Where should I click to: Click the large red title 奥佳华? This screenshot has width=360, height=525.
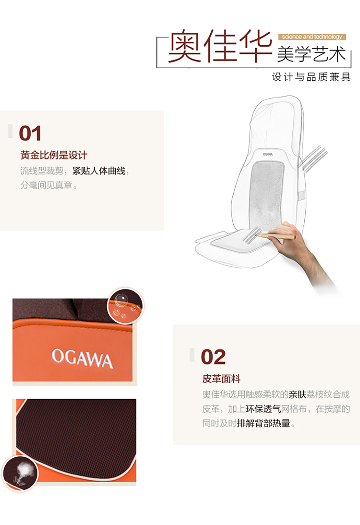220,46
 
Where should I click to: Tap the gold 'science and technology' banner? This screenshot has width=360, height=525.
312,37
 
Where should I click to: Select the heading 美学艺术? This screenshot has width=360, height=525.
311,54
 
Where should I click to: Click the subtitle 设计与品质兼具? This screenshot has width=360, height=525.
311,77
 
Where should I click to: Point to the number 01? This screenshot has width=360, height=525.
30,133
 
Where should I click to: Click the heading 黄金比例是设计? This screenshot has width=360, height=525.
54,155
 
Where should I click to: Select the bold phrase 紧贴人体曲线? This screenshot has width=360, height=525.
99,171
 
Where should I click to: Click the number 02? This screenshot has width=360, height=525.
213,357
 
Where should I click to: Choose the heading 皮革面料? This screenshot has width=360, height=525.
221,378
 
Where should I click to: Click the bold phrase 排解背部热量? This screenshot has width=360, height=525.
264,423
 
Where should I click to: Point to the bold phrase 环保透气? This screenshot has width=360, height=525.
264,409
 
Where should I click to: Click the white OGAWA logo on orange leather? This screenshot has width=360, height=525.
82,358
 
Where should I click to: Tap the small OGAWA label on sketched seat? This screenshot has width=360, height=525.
268,154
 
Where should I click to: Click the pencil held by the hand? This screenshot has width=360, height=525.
276,236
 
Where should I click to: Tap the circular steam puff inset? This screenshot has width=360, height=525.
21,473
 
